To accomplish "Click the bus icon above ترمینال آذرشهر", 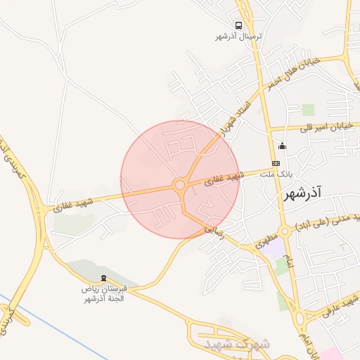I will point(238,25).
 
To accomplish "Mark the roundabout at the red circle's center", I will point(180,186).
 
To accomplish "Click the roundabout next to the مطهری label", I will point(284,231).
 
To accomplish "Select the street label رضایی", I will point(214,229).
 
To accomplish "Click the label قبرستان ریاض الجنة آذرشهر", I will point(103,294).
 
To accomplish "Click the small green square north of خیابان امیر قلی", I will point(308,109).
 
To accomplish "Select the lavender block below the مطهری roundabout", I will point(275,248).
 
